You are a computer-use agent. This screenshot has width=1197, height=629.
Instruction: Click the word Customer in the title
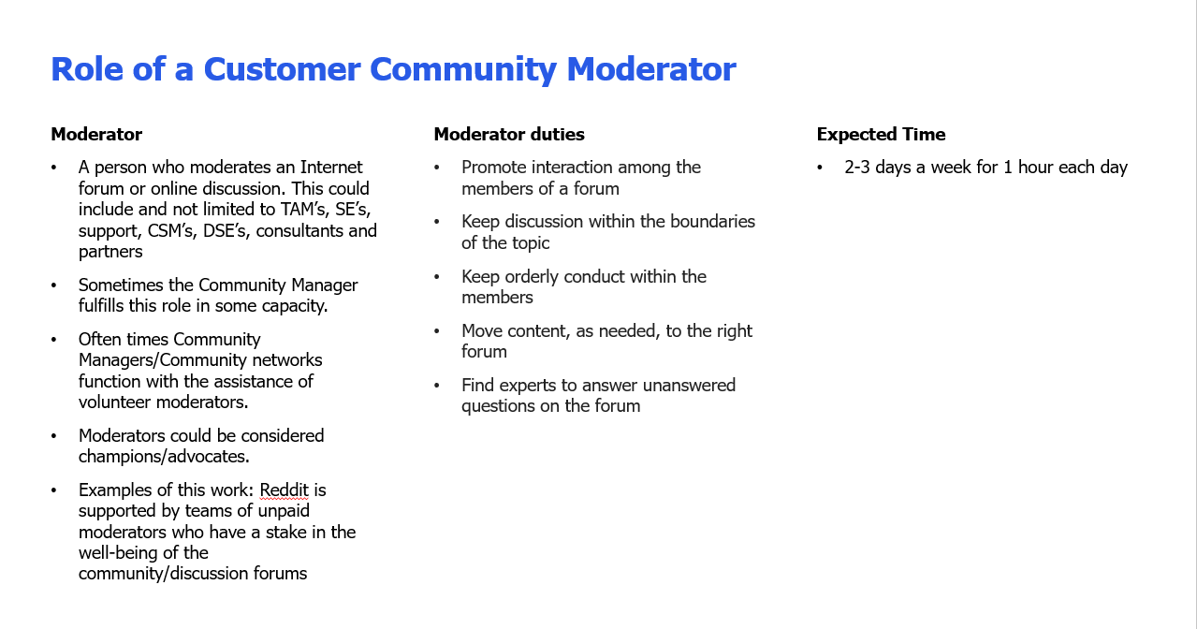282,69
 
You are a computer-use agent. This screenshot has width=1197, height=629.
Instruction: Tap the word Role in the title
87,69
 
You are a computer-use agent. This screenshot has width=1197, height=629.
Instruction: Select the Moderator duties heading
509,134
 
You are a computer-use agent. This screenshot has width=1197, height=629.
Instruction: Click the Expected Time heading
881,134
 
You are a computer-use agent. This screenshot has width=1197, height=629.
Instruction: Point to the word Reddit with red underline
284,490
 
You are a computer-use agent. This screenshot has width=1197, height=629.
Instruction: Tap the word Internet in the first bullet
330,168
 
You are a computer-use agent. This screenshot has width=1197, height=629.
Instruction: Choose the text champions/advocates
164,457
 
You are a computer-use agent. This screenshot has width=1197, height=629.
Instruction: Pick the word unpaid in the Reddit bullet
284,511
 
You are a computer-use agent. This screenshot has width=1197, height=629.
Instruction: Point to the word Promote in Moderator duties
494,168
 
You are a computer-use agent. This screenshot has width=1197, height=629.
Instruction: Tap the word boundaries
712,222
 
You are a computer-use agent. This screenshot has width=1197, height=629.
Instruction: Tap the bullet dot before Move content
436,330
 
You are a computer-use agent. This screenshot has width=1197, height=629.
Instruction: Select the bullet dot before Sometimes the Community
53,285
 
